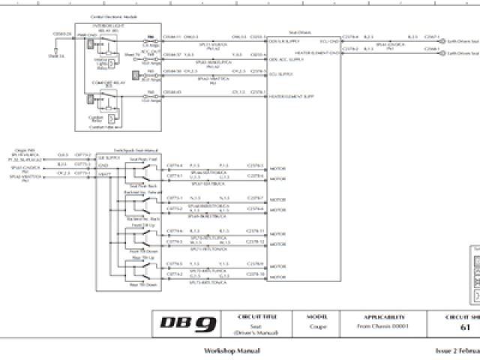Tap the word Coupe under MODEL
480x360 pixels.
pos(316,328)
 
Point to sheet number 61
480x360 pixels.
pos(465,328)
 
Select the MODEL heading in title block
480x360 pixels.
pos(316,316)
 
